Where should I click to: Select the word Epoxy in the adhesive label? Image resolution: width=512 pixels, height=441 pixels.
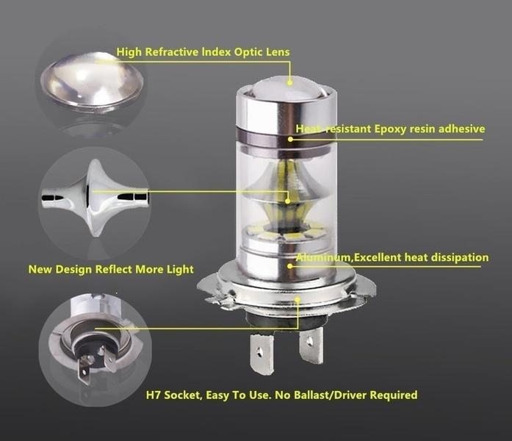click(x=394, y=129)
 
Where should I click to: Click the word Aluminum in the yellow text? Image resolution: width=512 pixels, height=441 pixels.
click(x=322, y=258)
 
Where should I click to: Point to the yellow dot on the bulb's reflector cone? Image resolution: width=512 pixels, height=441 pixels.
click(x=289, y=198)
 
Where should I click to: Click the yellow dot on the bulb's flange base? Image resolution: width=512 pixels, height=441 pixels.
click(x=297, y=301)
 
